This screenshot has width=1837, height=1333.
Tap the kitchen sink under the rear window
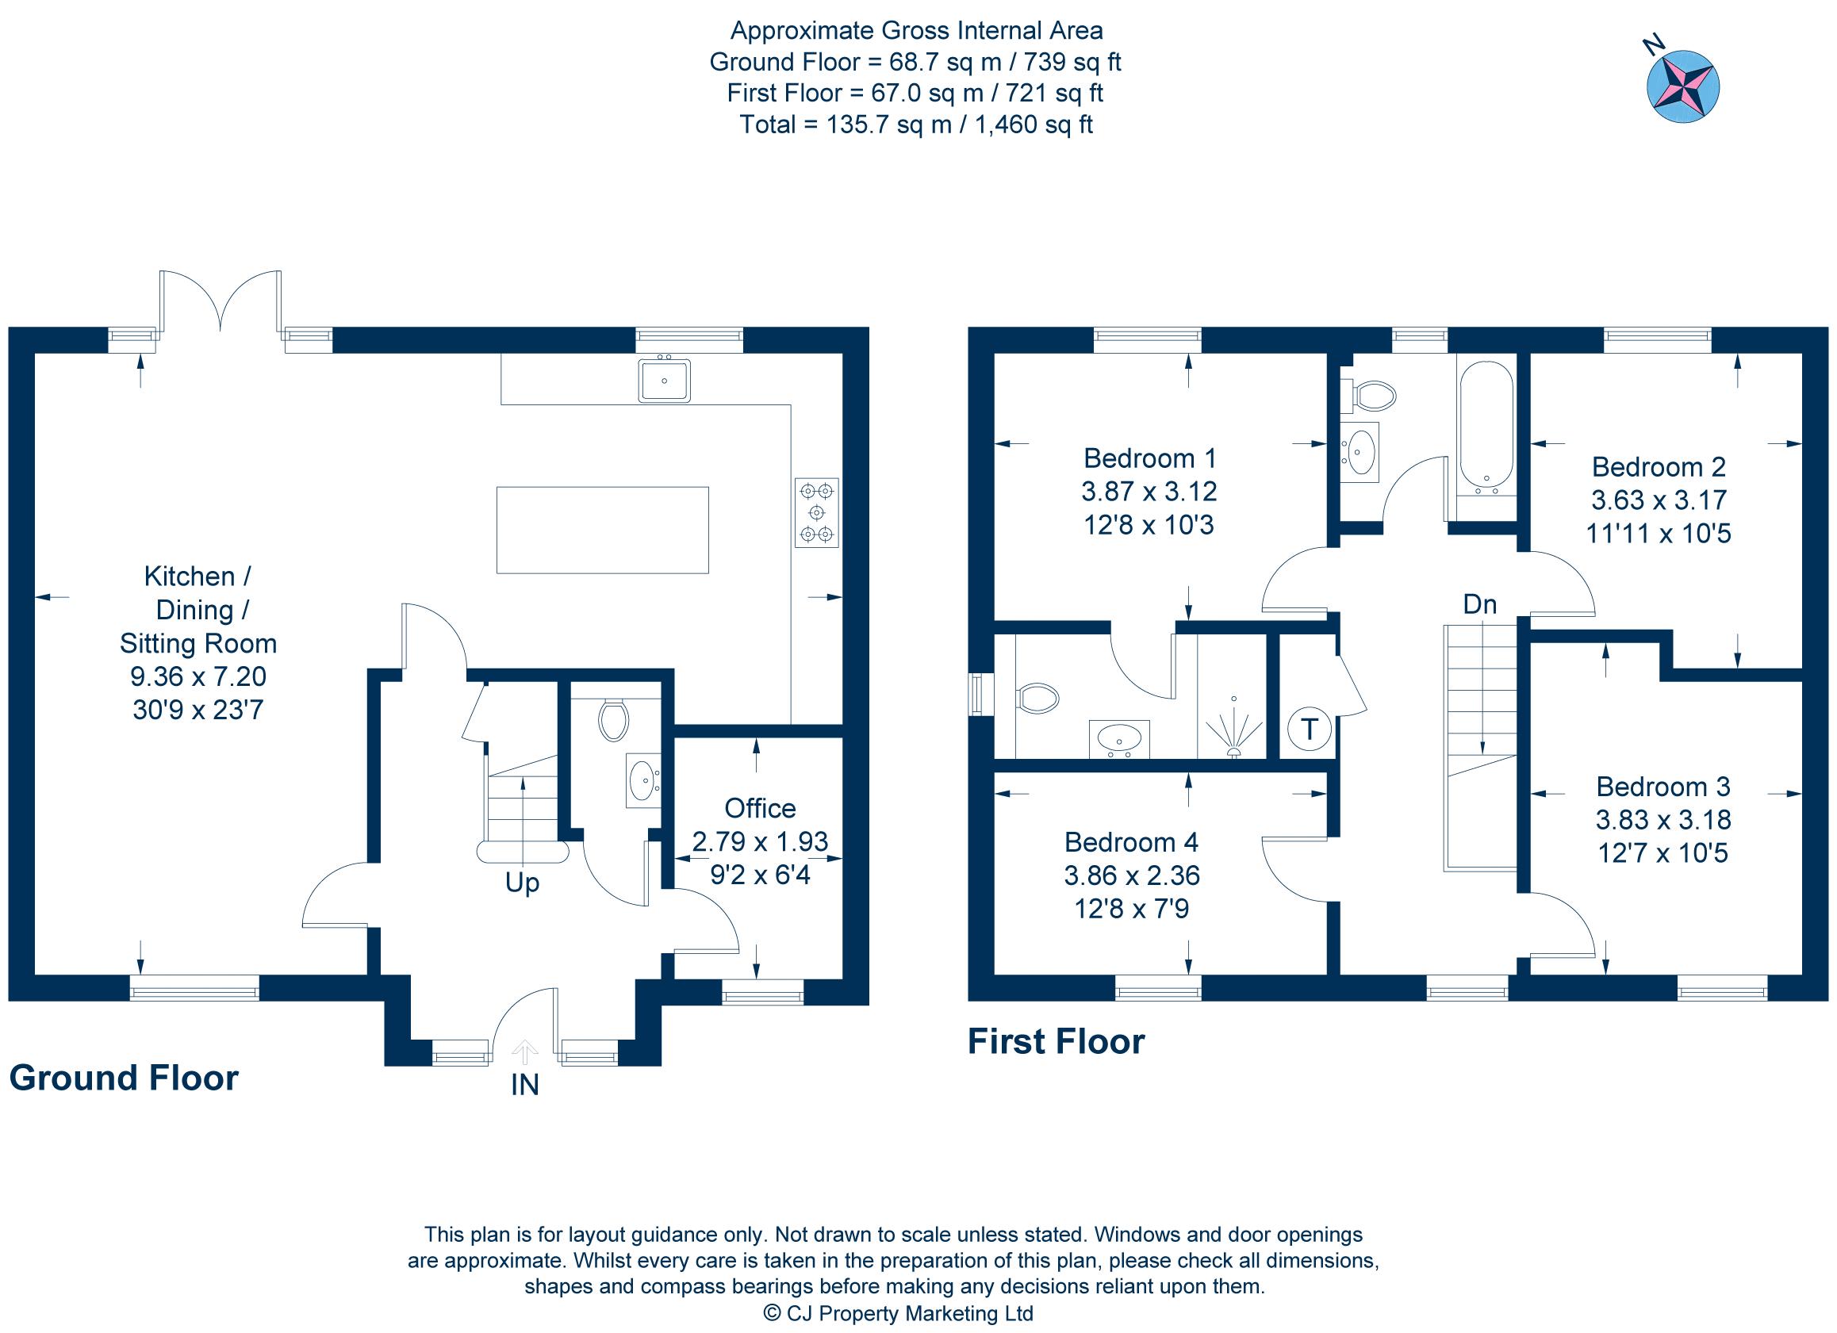(x=664, y=380)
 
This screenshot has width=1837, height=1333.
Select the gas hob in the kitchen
(x=816, y=512)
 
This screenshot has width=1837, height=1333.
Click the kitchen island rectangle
(x=602, y=530)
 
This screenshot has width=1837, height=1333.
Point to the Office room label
(x=760, y=808)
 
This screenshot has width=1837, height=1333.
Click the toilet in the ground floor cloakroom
(x=613, y=719)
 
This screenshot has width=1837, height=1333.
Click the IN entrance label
(x=525, y=1084)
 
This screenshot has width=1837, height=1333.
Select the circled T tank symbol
(x=1308, y=729)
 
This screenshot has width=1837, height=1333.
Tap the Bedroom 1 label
(x=1149, y=458)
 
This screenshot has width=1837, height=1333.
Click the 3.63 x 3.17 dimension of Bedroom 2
(x=1659, y=500)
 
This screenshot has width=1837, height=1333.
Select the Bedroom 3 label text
(x=1663, y=787)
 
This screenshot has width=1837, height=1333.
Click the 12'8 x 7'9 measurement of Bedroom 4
(x=1131, y=909)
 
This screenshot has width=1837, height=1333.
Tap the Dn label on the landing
(x=1479, y=603)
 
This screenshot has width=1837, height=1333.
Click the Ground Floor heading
(x=124, y=1078)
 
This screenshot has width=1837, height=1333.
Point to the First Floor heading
(x=1057, y=1041)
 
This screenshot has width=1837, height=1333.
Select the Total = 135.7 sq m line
(x=915, y=124)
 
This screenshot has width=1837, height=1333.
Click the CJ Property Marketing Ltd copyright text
(x=899, y=1313)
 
